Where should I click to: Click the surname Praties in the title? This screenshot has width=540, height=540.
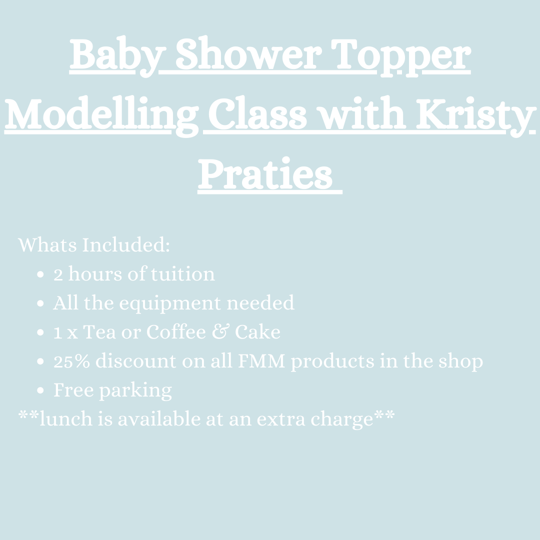265,174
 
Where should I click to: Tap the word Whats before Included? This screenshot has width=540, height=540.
47,245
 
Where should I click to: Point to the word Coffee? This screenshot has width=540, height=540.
176,332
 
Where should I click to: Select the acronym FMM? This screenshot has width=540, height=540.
261,361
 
